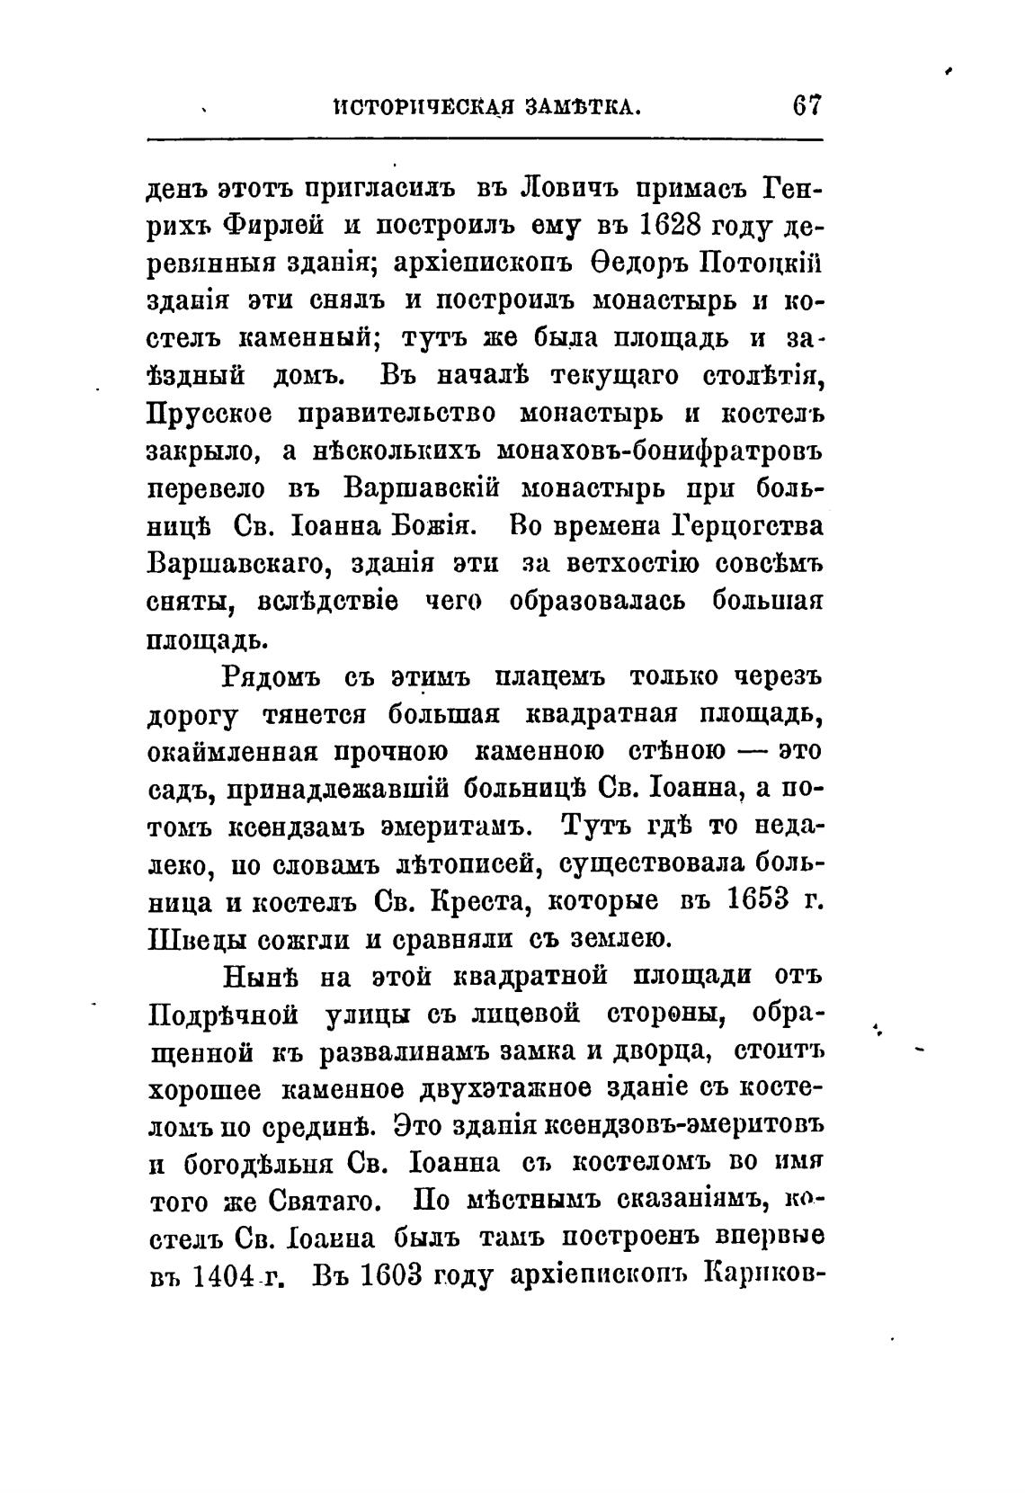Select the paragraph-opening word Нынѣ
[260, 976]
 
